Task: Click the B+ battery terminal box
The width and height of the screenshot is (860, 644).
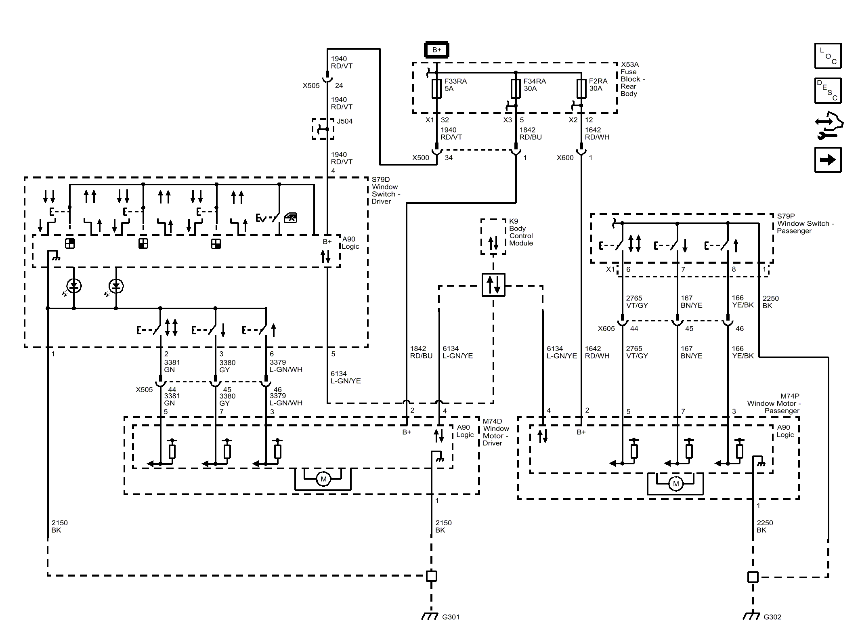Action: [x=436, y=50]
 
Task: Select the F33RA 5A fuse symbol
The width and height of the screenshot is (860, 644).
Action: [x=436, y=89]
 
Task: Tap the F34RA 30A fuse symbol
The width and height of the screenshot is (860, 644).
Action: [x=516, y=89]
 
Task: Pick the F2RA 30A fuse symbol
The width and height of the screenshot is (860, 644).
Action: [x=581, y=89]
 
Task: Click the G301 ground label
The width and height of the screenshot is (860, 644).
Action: [x=451, y=617]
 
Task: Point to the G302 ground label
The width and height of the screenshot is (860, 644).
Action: [x=772, y=617]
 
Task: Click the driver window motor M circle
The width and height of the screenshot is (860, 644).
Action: [x=323, y=479]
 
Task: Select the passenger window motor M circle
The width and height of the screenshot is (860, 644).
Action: [x=676, y=484]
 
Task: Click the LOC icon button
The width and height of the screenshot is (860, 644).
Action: [x=828, y=56]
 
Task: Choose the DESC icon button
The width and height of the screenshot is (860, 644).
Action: [x=828, y=91]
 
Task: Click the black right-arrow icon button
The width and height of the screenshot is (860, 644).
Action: [x=828, y=160]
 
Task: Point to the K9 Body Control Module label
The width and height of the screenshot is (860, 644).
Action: [x=521, y=232]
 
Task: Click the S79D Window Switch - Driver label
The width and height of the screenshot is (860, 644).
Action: [x=386, y=191]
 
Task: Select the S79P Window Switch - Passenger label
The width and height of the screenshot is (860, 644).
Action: [x=805, y=224]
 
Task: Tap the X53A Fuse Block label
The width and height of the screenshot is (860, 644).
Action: [x=633, y=79]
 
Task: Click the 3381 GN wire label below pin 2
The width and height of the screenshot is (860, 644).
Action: [x=172, y=366]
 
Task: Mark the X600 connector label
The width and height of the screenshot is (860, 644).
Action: [x=565, y=158]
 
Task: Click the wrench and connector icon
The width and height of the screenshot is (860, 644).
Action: [x=829, y=126]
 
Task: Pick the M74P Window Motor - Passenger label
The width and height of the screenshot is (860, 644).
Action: [x=773, y=403]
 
